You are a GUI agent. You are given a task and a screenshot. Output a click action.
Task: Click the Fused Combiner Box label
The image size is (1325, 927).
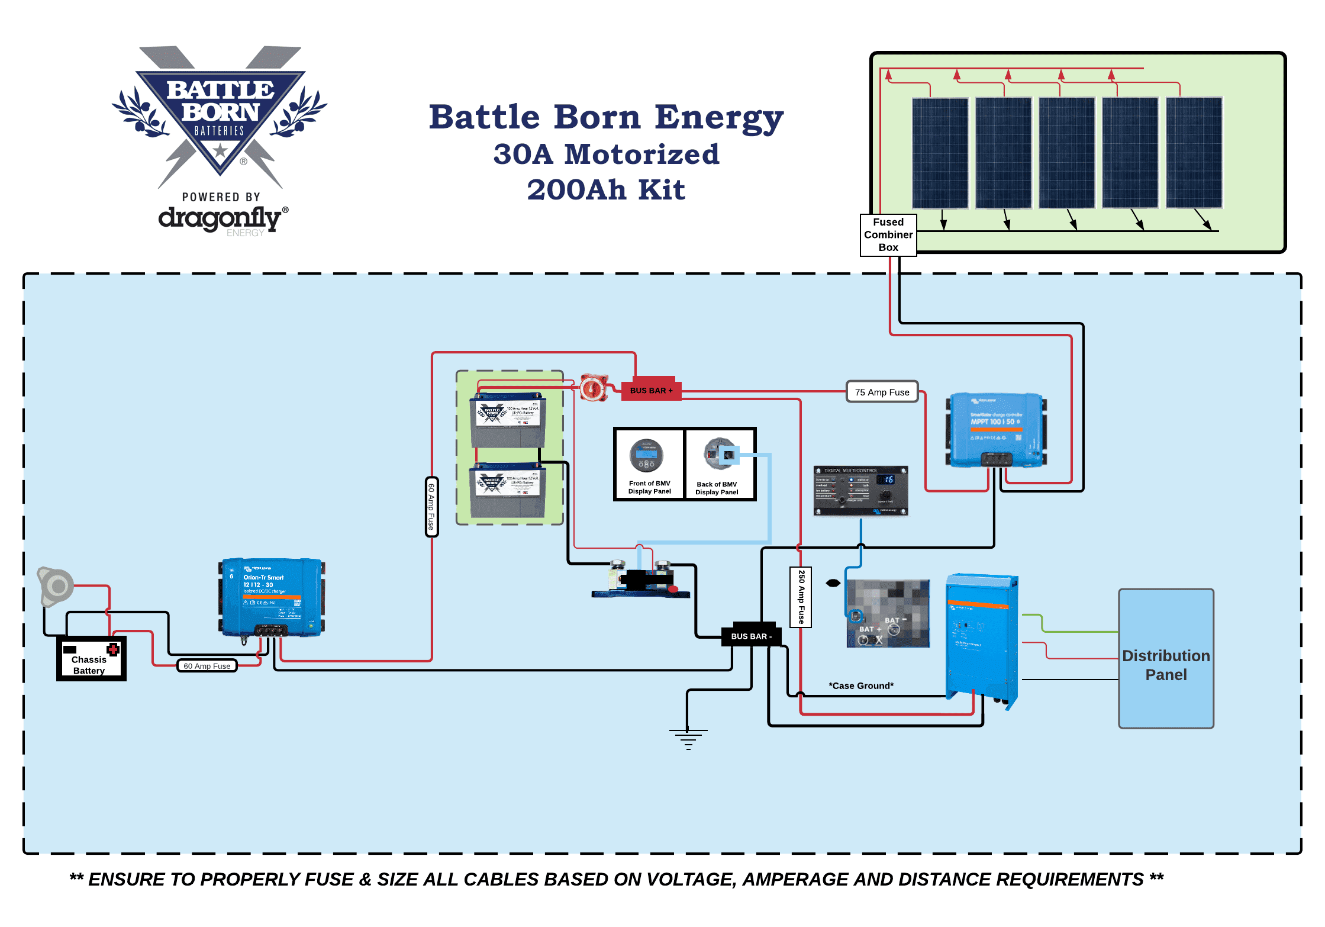[x=888, y=234]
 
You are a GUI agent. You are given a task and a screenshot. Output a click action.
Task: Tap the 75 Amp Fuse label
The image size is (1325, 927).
[x=882, y=392]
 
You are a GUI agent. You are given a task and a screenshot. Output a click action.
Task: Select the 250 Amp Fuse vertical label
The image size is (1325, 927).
[x=801, y=597]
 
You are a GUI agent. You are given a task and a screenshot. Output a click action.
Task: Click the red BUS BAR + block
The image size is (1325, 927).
[x=650, y=391]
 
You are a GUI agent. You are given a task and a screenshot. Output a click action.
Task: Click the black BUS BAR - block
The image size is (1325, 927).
[x=751, y=636]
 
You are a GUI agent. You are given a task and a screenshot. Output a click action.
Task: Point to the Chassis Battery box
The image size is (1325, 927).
[x=91, y=659]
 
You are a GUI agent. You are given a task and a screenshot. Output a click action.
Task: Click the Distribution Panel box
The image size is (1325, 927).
[x=1165, y=658]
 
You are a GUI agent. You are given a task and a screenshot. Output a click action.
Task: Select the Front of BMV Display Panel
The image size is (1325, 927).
[x=649, y=464]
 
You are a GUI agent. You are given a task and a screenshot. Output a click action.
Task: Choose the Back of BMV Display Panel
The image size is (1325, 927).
[x=719, y=464]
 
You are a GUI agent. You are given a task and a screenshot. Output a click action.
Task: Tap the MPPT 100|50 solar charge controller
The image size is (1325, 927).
[x=996, y=430]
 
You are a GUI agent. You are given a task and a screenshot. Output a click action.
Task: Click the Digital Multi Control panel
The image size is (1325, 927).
[x=860, y=491]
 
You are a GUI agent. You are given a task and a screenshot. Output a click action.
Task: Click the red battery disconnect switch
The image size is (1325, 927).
[x=593, y=388]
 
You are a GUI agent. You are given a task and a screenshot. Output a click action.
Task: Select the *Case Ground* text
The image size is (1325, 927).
[x=860, y=685]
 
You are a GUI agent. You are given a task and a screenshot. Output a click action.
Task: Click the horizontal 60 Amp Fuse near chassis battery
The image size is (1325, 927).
[x=207, y=666]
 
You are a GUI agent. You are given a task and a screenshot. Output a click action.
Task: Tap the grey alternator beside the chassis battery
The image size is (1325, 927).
[x=56, y=587]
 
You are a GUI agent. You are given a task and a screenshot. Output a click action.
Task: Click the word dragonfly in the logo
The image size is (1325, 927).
[x=219, y=218]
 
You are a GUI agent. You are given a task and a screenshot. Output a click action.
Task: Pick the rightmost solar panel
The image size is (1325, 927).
[x=1194, y=153]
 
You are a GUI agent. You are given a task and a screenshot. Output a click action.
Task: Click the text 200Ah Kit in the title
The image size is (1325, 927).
[x=606, y=190]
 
